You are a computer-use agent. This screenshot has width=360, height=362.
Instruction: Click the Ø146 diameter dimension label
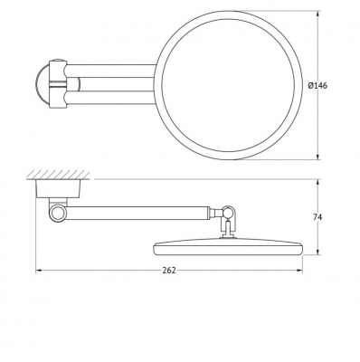[317, 86]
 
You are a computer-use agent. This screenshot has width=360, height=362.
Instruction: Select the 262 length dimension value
[169, 271]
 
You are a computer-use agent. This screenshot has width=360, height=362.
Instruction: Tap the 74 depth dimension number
[317, 217]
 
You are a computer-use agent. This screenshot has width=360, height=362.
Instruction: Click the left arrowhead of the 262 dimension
[38, 271]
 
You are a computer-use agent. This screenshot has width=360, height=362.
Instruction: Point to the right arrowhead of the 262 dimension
[300, 271]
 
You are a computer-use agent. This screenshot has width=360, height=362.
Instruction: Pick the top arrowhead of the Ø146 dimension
[317, 14]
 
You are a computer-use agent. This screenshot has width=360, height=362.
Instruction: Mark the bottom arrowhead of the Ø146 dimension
[317, 157]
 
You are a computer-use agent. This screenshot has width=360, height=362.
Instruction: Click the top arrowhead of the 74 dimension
[317, 182]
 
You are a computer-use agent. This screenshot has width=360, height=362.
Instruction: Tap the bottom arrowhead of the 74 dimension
[317, 252]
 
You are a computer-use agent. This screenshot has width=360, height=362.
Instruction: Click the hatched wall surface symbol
[56, 175]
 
